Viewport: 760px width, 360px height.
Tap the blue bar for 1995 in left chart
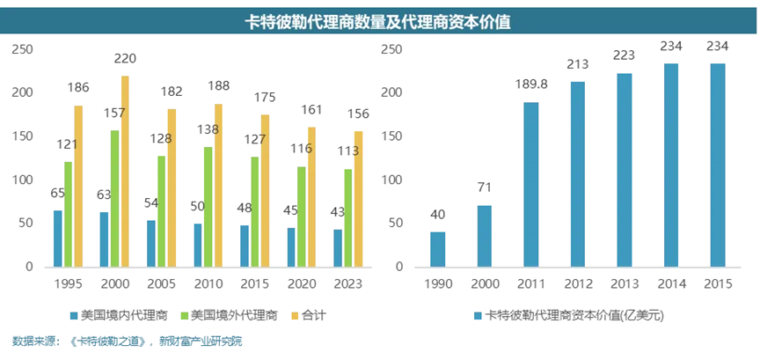pyautogui.click(x=58, y=239)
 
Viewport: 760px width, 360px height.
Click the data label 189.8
pyautogui.click(x=531, y=85)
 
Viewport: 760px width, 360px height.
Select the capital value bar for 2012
pyautogui.click(x=578, y=174)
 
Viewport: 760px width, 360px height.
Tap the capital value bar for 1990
pyautogui.click(x=438, y=249)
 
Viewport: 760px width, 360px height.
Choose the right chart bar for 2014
pyautogui.click(x=671, y=165)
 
